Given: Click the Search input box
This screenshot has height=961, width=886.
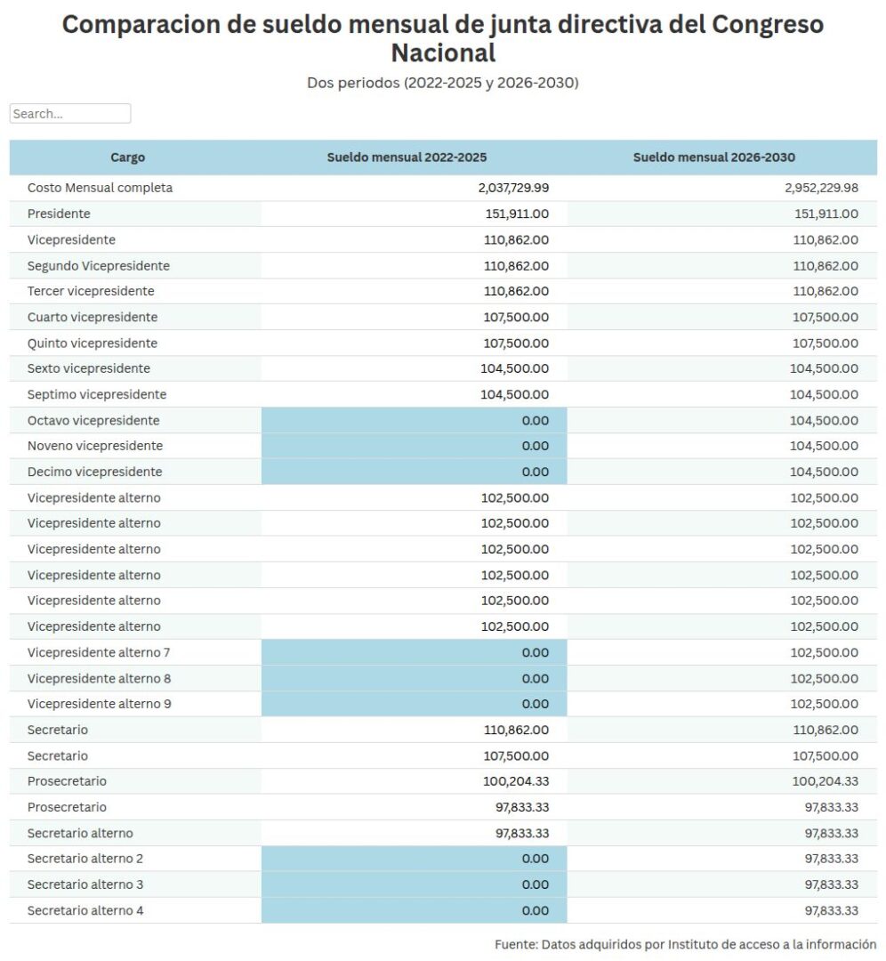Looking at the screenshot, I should (70, 114).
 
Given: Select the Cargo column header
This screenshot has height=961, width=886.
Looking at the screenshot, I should (127, 157).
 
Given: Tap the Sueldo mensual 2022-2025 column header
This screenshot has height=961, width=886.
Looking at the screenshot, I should (407, 157).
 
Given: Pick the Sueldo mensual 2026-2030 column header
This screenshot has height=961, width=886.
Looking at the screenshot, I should (713, 157).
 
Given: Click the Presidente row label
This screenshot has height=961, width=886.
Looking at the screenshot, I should (59, 214).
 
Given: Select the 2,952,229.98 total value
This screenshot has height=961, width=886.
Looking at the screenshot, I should (822, 188).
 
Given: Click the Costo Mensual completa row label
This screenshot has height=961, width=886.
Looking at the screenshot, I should (100, 188).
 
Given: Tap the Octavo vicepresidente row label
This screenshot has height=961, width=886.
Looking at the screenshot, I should (93, 420).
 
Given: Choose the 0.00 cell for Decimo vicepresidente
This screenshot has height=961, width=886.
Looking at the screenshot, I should (535, 472).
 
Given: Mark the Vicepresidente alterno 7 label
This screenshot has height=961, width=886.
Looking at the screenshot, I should (99, 652).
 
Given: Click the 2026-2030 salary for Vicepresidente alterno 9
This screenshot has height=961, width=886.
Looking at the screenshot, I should (824, 704).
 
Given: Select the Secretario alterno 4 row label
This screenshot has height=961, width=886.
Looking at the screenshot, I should (85, 910).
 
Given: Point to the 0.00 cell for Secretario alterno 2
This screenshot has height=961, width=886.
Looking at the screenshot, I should (535, 859).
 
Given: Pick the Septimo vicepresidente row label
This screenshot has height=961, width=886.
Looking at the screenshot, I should (97, 394).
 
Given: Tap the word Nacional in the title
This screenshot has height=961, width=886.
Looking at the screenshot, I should (443, 52).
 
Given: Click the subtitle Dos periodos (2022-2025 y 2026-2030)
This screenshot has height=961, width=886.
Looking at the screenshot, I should (443, 83).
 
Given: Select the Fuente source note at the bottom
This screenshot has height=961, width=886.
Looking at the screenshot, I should (685, 944).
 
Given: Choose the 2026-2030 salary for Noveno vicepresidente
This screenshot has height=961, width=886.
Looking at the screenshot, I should (824, 446).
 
